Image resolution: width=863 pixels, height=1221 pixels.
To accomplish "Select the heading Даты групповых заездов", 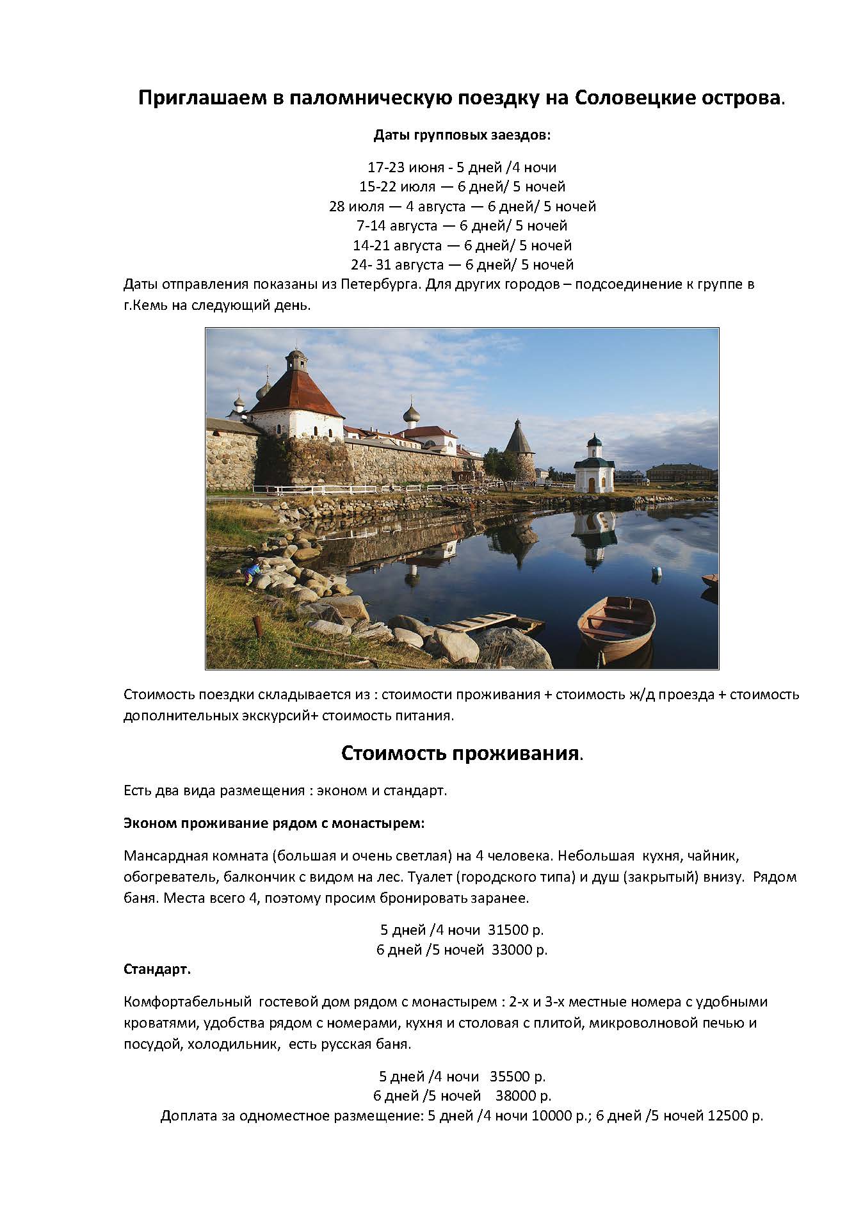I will (462, 136).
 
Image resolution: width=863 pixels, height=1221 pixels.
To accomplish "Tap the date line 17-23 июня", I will (462, 168).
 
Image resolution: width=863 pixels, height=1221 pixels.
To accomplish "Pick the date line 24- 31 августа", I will (462, 264).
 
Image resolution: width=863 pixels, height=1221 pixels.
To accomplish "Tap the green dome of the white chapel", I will (595, 442).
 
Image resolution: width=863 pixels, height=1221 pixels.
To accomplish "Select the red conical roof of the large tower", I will (296, 390).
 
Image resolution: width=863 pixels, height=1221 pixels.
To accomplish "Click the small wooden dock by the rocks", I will (485, 621).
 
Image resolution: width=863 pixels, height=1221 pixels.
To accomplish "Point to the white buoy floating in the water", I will (656, 571).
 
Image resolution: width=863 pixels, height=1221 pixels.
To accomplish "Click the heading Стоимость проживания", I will (462, 753).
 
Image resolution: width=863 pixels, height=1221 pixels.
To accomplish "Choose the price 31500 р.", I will (516, 930).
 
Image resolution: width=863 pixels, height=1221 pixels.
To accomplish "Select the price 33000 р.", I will (520, 950).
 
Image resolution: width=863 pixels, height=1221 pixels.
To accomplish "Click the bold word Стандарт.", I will (157, 969).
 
